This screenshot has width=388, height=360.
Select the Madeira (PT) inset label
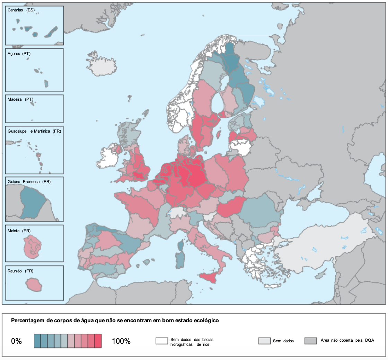(x=20, y=99)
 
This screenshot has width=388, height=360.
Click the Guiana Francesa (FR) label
(x=29, y=182)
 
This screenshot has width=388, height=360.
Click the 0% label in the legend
(x=17, y=341)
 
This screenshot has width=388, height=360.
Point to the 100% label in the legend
(x=121, y=341)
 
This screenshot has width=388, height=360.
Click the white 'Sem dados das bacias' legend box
(x=161, y=341)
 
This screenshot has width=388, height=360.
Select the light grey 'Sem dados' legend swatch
(x=264, y=341)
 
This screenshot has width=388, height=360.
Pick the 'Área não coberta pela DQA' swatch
(x=310, y=341)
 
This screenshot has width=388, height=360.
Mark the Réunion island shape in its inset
(x=34, y=285)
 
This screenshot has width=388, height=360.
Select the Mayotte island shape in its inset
(x=32, y=244)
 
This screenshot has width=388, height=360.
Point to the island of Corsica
(x=180, y=245)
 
